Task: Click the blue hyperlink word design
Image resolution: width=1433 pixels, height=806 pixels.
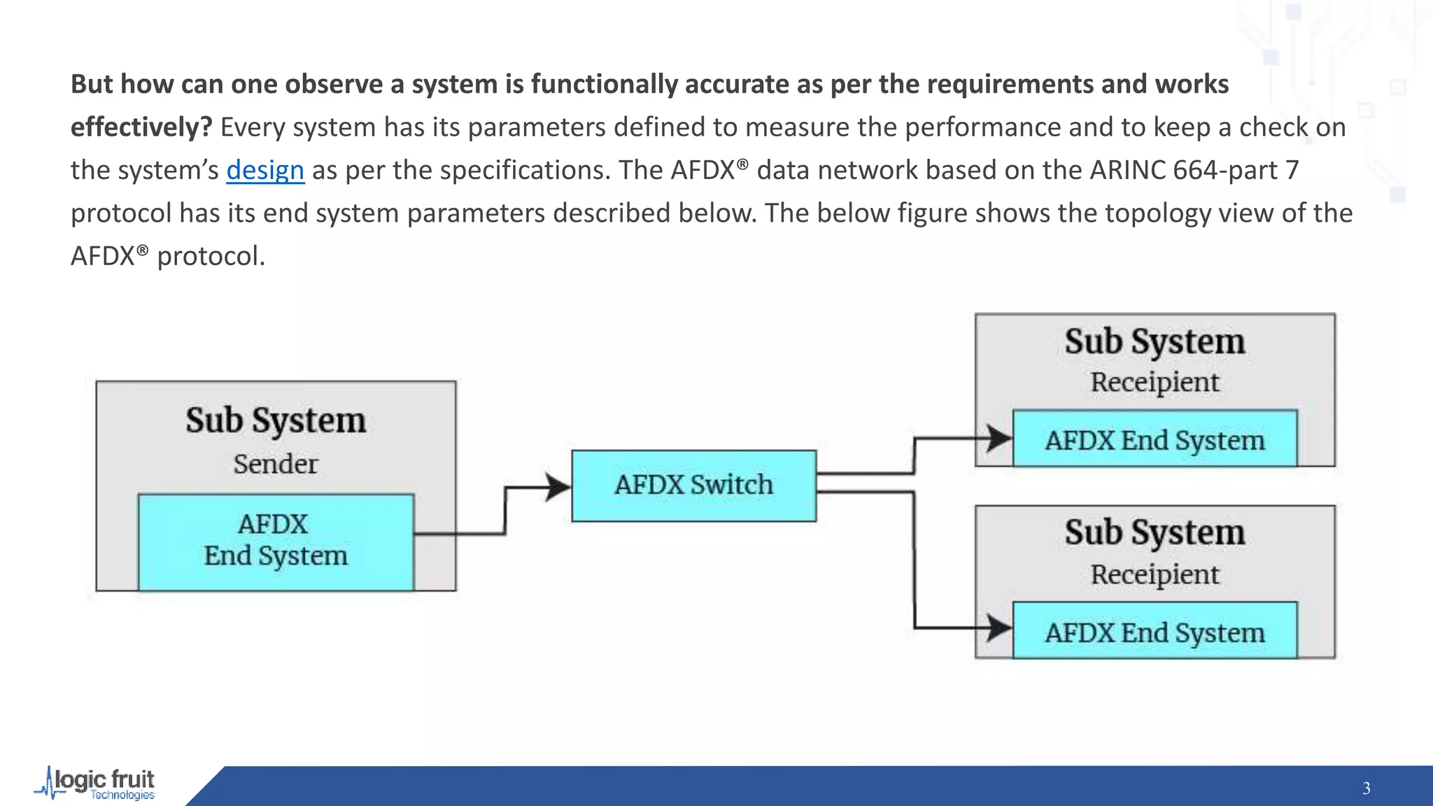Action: tap(265, 170)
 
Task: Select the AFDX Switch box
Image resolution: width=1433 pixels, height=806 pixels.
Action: tap(693, 486)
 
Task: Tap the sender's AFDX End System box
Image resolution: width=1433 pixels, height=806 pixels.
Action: tap(276, 542)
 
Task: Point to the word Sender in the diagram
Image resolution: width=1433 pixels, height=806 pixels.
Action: tap(275, 464)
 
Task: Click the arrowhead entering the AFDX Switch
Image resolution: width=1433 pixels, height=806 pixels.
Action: tap(558, 487)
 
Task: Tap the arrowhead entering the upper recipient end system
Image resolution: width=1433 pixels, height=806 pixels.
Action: tap(998, 439)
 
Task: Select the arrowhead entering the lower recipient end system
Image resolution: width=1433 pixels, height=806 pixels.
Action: tap(998, 627)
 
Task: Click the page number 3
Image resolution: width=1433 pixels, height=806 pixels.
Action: tap(1366, 789)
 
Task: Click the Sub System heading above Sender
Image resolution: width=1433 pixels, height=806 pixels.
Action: tap(276, 420)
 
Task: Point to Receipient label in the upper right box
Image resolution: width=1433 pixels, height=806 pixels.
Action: tap(1155, 382)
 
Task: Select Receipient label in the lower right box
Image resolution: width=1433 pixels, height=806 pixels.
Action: tap(1155, 574)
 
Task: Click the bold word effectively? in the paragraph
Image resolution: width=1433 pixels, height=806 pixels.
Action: tap(141, 127)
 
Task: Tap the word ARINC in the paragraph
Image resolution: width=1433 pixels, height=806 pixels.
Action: tap(1127, 170)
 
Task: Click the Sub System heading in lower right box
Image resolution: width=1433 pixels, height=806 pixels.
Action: tap(1155, 532)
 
